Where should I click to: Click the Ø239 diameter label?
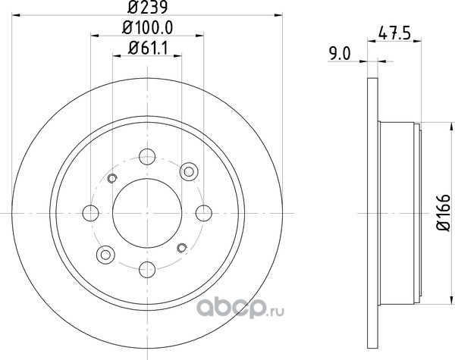click(x=147, y=8)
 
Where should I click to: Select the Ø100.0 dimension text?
click(x=147, y=28)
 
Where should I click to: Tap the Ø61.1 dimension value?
click(x=148, y=49)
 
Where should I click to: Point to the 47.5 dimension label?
click(x=394, y=33)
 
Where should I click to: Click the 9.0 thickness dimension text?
click(x=340, y=54)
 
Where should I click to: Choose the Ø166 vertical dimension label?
click(x=443, y=213)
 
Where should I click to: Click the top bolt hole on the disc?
click(x=147, y=157)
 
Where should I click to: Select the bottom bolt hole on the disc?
click(x=147, y=270)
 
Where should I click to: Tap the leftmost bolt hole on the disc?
click(x=90, y=213)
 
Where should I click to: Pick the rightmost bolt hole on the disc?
click(x=204, y=213)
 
